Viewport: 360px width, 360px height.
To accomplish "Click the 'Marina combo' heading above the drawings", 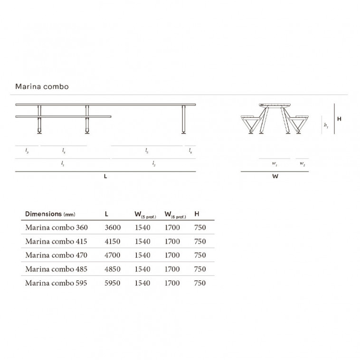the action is tap(42, 86).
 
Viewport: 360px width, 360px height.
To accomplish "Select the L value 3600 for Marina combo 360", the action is tap(113, 227).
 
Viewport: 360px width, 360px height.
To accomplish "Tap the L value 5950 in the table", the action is tap(113, 283).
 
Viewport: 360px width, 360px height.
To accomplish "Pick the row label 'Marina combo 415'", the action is tap(56, 241).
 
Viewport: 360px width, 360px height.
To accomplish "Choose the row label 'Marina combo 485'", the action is tap(56, 269).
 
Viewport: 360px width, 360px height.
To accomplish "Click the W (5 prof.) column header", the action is tap(145, 215).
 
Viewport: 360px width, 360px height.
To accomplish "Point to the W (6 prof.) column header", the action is tap(175, 215).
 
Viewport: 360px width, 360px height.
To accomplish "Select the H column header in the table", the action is tap(197, 214).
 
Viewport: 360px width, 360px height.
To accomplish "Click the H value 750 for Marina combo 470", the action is tap(200, 255).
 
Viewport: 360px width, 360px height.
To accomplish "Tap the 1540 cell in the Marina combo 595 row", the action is tap(142, 283).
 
